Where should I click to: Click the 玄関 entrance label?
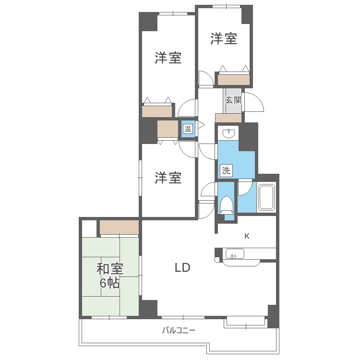(233, 100)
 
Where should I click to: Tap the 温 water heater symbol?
(188, 129)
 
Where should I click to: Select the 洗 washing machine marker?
(226, 169)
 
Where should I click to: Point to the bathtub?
(266, 197)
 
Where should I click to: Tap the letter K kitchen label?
(247, 236)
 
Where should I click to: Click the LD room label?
(182, 268)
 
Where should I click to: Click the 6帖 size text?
(110, 283)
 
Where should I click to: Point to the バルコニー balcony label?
(179, 330)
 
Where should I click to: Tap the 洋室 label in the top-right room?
(224, 39)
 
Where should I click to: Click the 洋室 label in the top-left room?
(168, 58)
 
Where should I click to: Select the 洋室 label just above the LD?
(168, 178)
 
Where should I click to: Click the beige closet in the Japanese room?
(119, 227)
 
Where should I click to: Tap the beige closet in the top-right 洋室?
(233, 80)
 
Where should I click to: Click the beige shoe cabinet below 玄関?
(228, 118)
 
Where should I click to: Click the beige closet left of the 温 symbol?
(168, 129)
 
